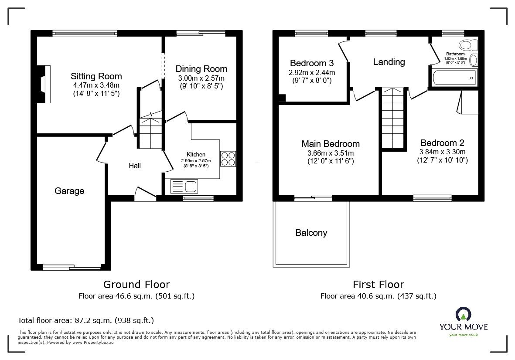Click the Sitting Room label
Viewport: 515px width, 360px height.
click(96, 77)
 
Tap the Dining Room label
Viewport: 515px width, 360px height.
click(201, 69)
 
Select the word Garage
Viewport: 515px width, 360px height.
click(69, 191)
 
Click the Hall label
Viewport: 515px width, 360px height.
click(135, 166)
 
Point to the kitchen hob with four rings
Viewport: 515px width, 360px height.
click(228, 159)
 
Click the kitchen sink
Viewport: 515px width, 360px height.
click(191, 187)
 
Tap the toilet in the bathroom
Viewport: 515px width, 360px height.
click(468, 45)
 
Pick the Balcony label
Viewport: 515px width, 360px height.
click(311, 233)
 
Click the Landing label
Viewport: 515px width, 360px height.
click(389, 62)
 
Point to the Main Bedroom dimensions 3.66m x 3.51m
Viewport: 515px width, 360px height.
click(330, 153)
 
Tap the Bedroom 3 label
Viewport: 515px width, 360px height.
click(311, 63)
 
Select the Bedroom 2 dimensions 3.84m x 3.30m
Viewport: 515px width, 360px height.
click(442, 152)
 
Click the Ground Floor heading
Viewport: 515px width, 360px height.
click(136, 285)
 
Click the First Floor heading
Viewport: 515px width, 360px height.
click(378, 285)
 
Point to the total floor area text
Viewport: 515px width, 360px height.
click(85, 320)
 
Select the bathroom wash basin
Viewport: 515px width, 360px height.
click(474, 60)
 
